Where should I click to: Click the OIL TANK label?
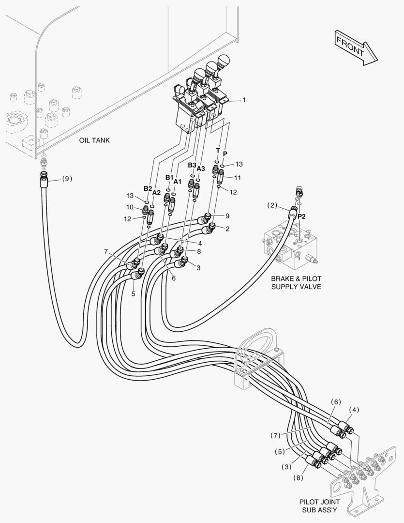pos(94,140)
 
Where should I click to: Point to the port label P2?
pos(301,216)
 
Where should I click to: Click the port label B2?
pos(148,188)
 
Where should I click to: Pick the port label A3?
pos(201,169)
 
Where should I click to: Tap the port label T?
pos(218,150)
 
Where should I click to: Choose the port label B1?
pos(169,177)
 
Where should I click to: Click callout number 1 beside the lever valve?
pos(244,100)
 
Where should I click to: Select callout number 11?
pos(238,178)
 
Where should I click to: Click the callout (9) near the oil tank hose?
pos(67,178)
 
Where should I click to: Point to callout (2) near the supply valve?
pos(272,205)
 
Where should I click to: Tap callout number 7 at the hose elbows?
pos(105,251)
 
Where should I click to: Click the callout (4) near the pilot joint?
pos(354,409)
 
